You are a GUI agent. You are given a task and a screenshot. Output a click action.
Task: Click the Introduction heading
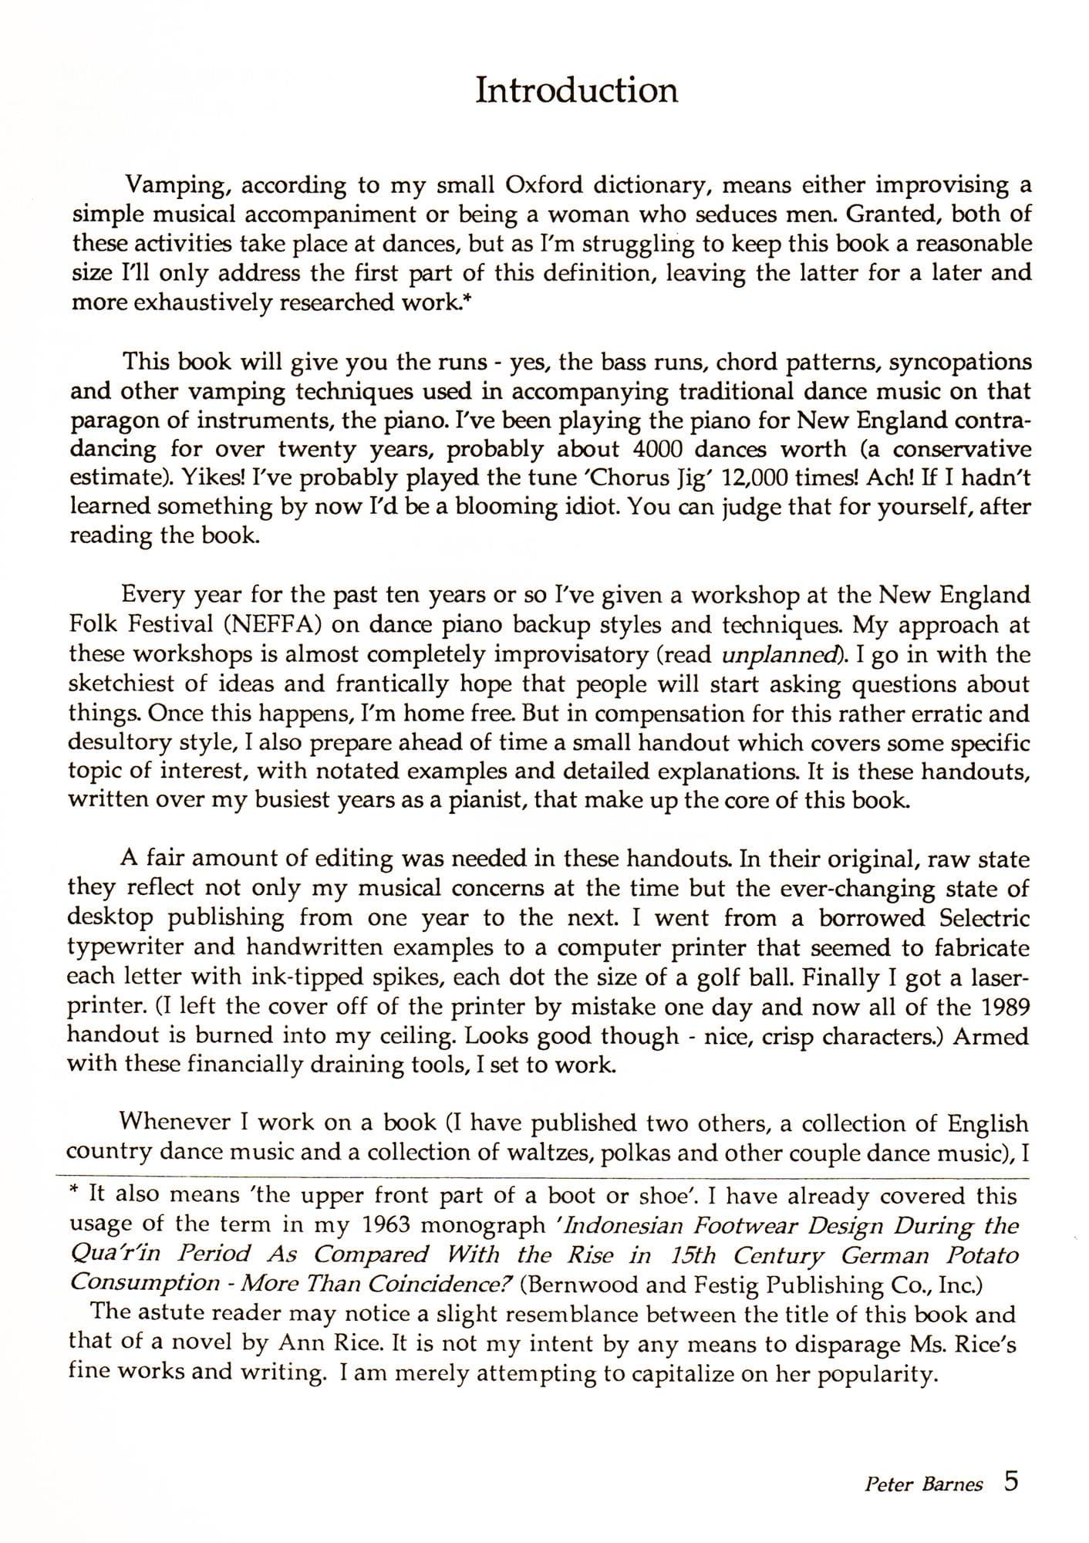pos(576,90)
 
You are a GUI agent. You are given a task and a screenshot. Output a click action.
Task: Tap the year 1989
pos(1005,1007)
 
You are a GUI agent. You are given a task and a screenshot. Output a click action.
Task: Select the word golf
pos(704,977)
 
